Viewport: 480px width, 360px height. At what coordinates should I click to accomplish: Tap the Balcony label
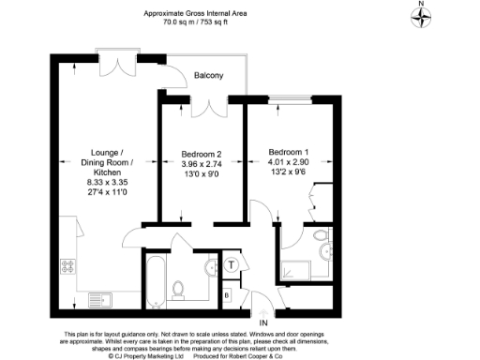(208, 75)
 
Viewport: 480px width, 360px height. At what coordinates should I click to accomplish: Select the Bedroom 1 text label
(288, 152)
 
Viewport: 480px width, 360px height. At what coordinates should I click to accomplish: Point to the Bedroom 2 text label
(201, 154)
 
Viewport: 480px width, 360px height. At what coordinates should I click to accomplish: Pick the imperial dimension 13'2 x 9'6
(288, 172)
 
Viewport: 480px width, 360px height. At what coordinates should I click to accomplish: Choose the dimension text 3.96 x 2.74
(201, 164)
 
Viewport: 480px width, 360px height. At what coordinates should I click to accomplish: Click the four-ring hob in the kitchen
(67, 267)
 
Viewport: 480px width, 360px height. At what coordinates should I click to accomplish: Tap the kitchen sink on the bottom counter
(99, 299)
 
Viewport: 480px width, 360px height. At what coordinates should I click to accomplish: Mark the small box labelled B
(227, 295)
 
